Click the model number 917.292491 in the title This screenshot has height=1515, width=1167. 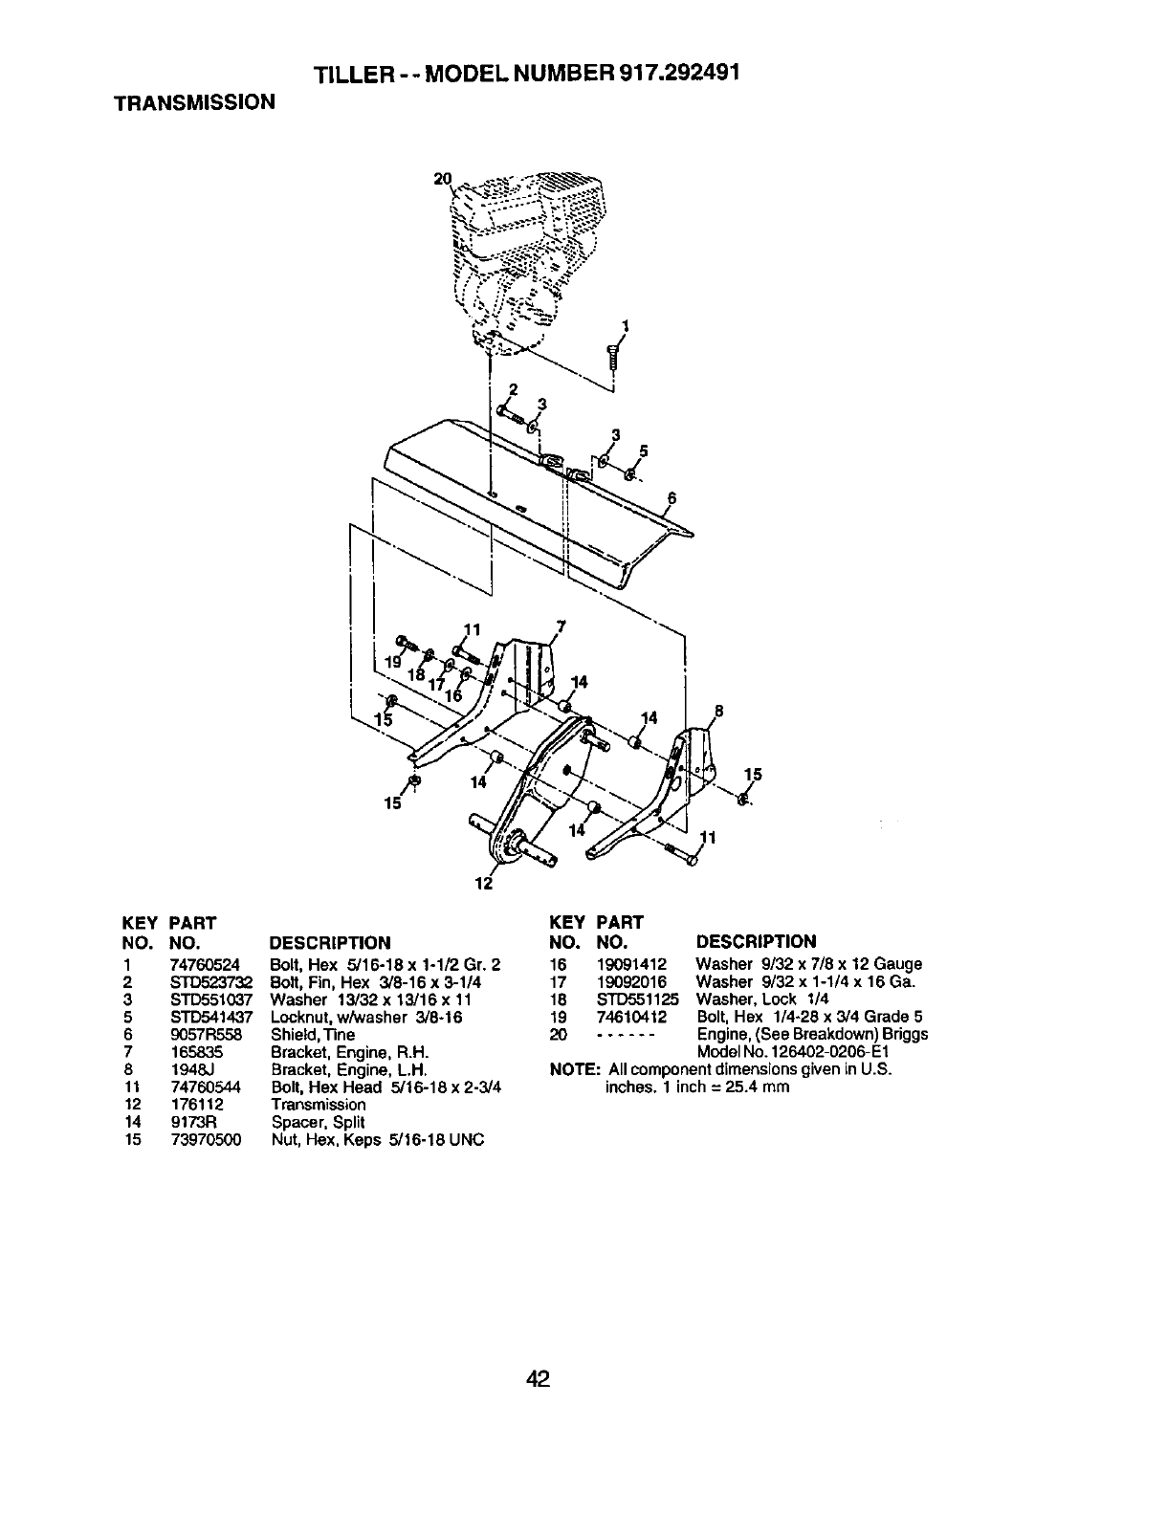tap(662, 74)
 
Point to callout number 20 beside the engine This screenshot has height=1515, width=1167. tap(442, 179)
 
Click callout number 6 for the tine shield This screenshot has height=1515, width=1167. tap(672, 497)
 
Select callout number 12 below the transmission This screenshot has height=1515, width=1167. tap(484, 883)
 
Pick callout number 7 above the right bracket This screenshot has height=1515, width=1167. tap(561, 626)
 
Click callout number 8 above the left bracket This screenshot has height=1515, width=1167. tap(718, 711)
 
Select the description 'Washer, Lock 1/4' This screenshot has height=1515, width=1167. tap(755, 999)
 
